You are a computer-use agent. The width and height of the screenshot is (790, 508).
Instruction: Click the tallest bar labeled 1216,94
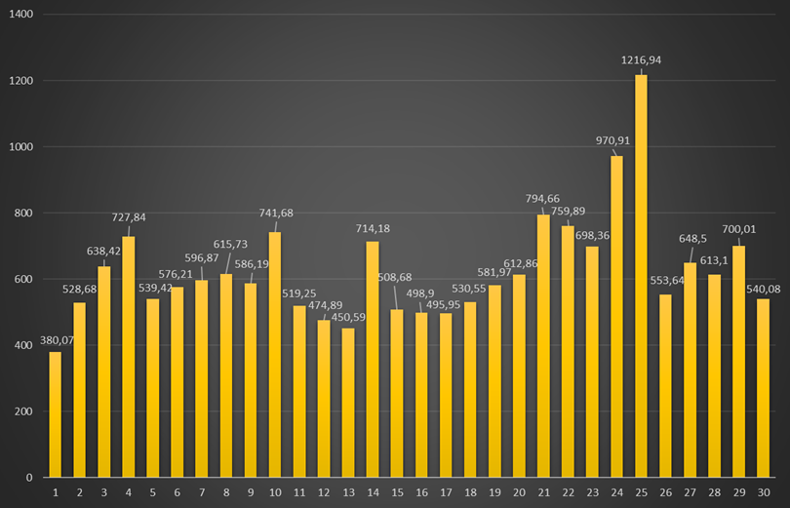pyautogui.click(x=641, y=276)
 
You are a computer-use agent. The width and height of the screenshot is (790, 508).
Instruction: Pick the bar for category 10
pyautogui.click(x=275, y=355)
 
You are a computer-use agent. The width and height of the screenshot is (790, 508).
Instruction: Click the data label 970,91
pyautogui.click(x=613, y=140)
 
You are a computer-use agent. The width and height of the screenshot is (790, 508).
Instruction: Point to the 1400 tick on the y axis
pyautogui.click(x=21, y=15)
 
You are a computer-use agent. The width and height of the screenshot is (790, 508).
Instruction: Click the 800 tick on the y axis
pyautogui.click(x=24, y=214)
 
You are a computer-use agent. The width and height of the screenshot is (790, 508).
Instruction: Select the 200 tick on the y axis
pyautogui.click(x=24, y=411)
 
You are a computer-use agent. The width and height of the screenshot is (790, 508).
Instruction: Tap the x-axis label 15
pyautogui.click(x=397, y=493)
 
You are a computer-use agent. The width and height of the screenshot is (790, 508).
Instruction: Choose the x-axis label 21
pyautogui.click(x=543, y=493)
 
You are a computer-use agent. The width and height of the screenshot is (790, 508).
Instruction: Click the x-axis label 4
pyautogui.click(x=128, y=493)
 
